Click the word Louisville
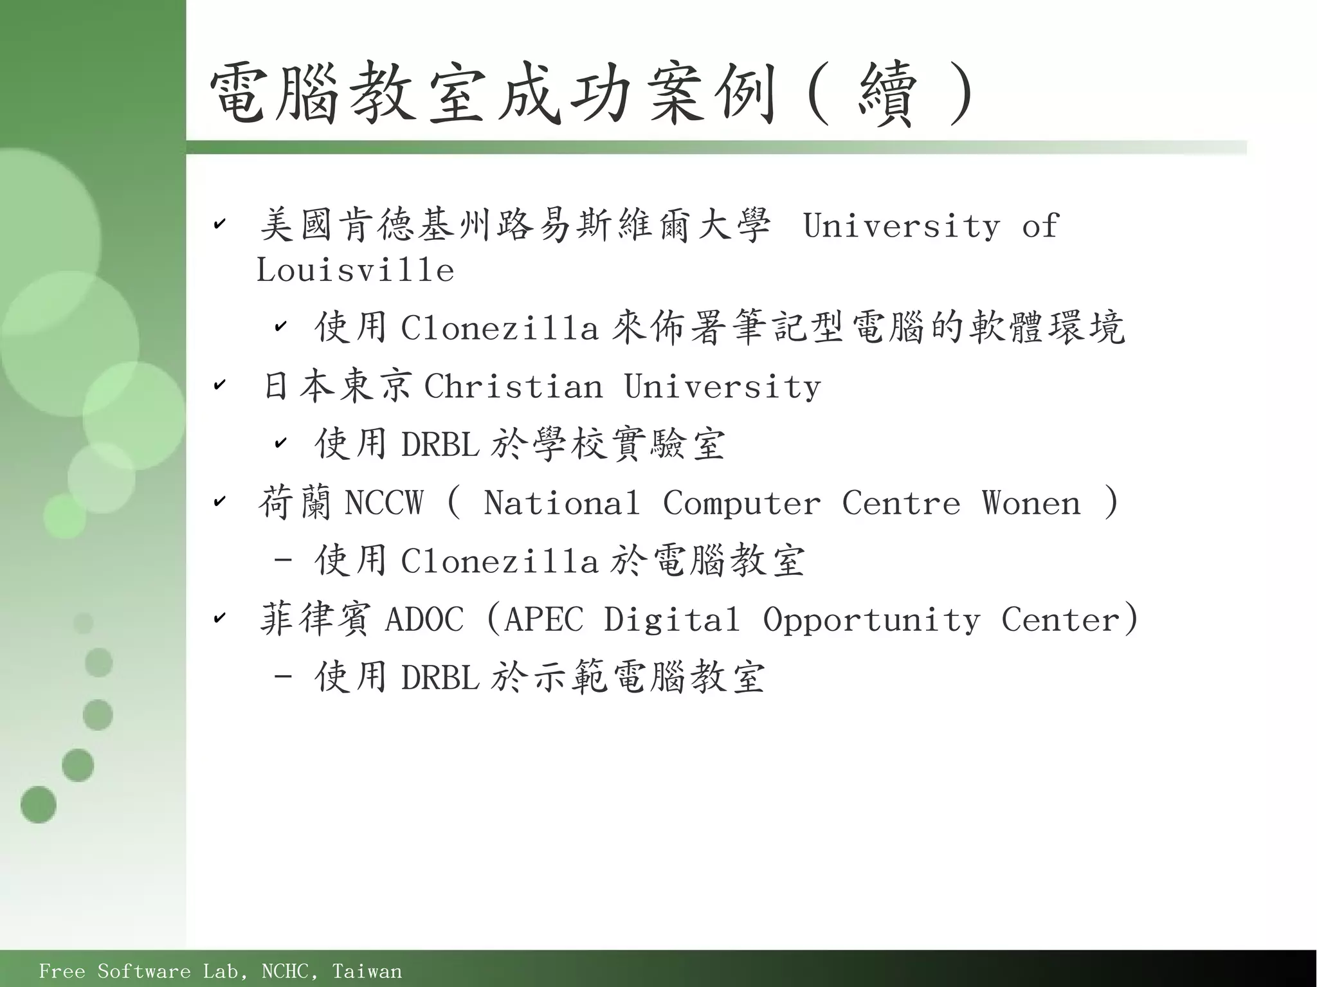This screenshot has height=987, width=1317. (x=355, y=270)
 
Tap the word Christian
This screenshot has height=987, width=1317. (x=513, y=387)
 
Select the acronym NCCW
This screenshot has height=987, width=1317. (x=384, y=503)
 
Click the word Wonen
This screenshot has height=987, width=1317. (x=1031, y=503)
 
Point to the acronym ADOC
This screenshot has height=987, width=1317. (x=424, y=620)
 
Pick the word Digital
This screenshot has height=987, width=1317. (x=671, y=620)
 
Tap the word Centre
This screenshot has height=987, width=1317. (x=901, y=503)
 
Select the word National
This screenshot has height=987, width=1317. (x=561, y=503)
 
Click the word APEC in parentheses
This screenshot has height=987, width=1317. (x=544, y=620)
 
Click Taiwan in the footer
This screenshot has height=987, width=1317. (x=367, y=971)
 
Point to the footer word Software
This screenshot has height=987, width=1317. (x=144, y=971)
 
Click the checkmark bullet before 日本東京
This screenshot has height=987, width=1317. (x=219, y=385)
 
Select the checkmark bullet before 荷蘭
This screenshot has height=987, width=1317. (x=219, y=501)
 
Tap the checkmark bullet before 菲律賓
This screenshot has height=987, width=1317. (x=219, y=618)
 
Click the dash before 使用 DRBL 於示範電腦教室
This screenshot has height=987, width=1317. (x=283, y=677)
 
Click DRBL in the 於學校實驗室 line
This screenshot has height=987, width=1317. (x=440, y=444)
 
